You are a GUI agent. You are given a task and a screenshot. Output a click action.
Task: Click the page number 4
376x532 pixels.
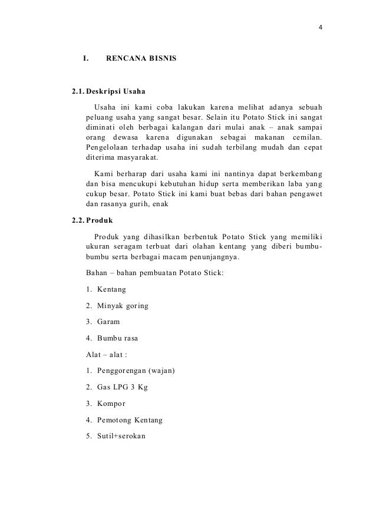point(320,28)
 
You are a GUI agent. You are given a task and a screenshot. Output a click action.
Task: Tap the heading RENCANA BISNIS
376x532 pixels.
point(140,59)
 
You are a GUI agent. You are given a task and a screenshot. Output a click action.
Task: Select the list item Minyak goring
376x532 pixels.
point(122,306)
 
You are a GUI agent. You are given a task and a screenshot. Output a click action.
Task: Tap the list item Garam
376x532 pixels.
point(108,322)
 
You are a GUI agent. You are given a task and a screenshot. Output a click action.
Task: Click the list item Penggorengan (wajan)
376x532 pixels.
point(136,372)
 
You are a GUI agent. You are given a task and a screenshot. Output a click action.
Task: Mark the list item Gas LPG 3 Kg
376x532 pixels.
point(121,388)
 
